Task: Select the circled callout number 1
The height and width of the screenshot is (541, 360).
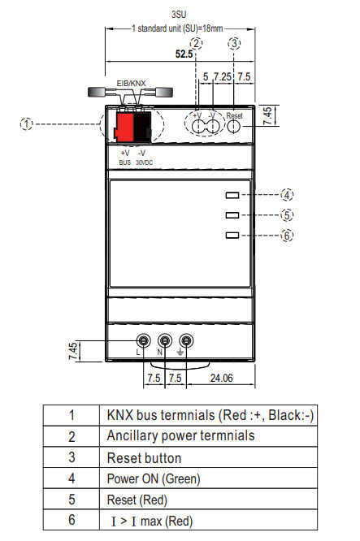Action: [27, 124]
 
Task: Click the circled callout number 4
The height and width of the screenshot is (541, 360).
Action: [287, 195]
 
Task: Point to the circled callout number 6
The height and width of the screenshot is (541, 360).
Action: [287, 236]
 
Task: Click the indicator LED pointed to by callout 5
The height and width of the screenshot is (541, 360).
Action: [232, 215]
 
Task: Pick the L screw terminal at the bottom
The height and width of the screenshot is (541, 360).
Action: [144, 341]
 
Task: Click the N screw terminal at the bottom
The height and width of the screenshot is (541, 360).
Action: [166, 341]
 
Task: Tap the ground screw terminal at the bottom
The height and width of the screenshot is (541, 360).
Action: [188, 341]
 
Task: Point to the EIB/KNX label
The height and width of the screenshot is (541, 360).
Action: [133, 83]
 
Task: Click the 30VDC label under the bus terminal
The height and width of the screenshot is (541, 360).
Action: [144, 162]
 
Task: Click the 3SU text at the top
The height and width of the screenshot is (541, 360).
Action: [180, 14]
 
